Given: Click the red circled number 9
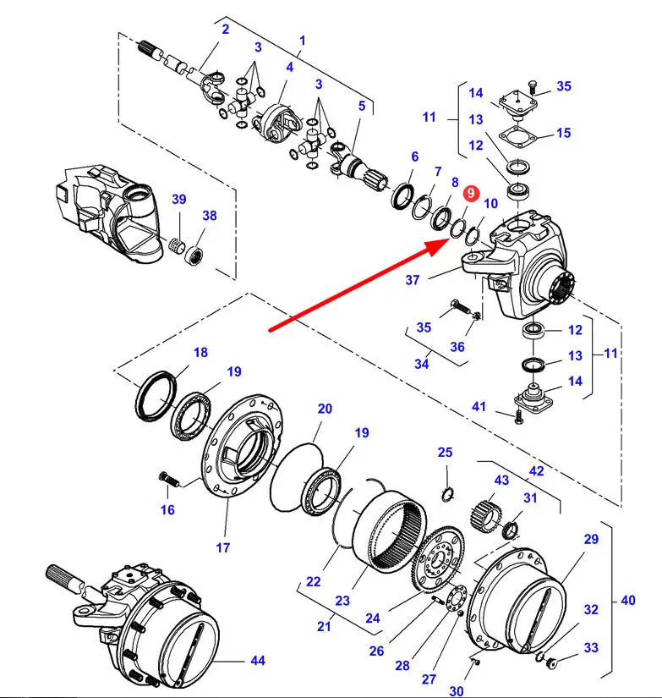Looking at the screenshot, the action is [x=471, y=193].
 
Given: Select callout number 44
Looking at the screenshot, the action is [x=258, y=661].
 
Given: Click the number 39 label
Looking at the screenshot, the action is [x=179, y=199].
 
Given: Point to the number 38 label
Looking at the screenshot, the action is [x=210, y=216].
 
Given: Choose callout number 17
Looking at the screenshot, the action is [x=223, y=547].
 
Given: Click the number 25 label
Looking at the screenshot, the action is [x=445, y=453].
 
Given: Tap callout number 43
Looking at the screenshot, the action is [x=501, y=481].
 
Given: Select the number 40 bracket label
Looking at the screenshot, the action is [x=627, y=601].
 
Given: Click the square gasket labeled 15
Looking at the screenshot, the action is [x=517, y=135].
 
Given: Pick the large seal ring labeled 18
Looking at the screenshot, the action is [x=156, y=395].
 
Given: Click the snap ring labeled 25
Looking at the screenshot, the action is [x=448, y=493].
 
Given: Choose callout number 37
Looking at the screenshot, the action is [x=413, y=280].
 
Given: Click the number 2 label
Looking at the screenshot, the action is [x=226, y=30].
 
